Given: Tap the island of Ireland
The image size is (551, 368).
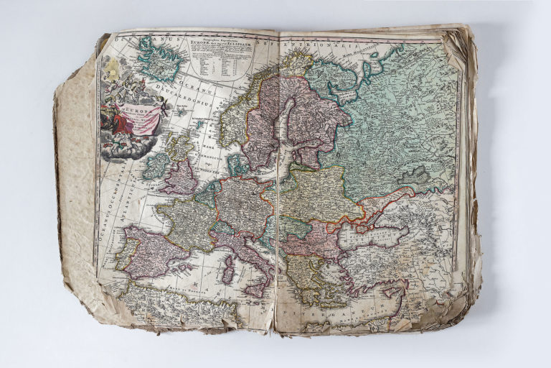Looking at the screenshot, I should tap(156, 166).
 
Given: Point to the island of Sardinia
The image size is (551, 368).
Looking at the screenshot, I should tap(228, 274).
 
